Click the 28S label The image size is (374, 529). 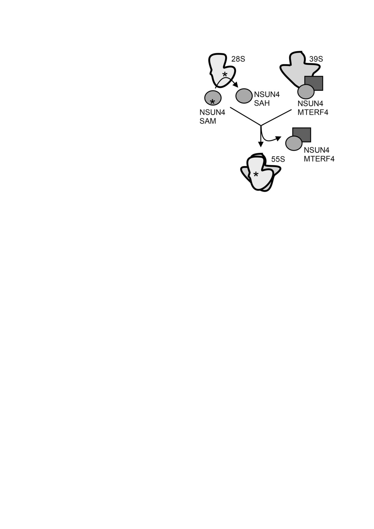[x=238, y=59]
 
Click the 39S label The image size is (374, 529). [x=316, y=59]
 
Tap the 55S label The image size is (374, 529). [x=278, y=159]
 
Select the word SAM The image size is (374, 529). [x=208, y=122]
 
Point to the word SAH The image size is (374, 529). [x=262, y=103]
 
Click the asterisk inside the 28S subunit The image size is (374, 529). [x=225, y=74]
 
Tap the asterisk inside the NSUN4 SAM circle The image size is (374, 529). [x=212, y=101]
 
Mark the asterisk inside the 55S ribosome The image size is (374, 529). [x=256, y=174]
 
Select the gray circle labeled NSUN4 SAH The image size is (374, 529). [x=243, y=96]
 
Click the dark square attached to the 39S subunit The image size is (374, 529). [x=314, y=83]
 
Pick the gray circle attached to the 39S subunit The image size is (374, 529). [x=306, y=91]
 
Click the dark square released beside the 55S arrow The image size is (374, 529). [x=302, y=135]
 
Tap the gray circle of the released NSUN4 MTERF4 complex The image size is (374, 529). [x=294, y=143]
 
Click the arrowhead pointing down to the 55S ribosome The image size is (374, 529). [x=260, y=144]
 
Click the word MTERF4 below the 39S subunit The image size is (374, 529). [x=313, y=112]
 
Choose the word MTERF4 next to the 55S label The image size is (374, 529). [x=319, y=159]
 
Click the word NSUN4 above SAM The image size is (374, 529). [x=212, y=113]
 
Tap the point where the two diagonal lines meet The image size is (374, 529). [x=261, y=125]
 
